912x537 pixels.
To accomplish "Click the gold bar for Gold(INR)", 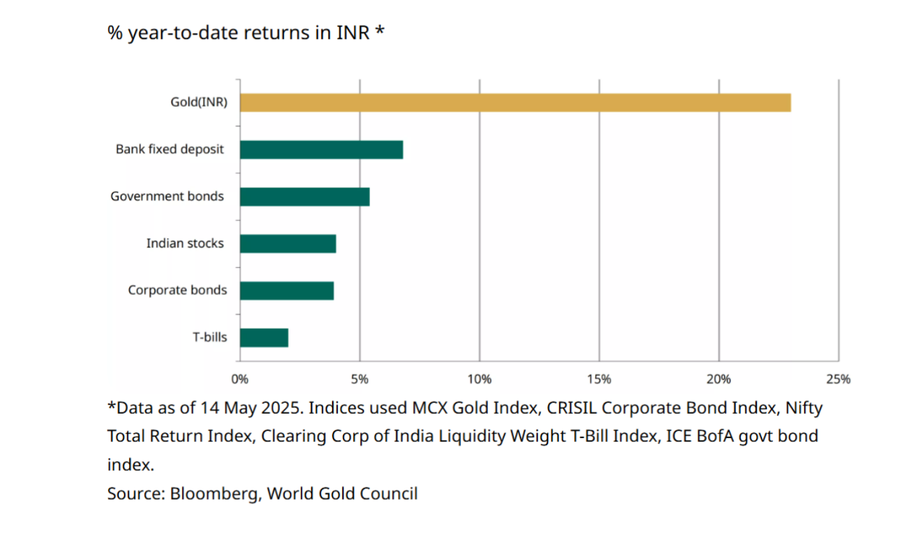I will [515, 103].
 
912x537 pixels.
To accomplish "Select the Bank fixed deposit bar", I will [321, 149].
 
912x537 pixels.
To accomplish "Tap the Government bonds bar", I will [305, 197].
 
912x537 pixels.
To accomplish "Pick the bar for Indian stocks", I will [288, 243].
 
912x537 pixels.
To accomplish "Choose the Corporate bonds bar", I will [287, 291].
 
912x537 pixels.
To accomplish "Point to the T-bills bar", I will [264, 338].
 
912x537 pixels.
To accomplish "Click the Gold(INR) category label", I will [199, 102].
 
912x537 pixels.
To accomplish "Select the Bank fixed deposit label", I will [170, 149].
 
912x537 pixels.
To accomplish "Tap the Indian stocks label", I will [185, 243].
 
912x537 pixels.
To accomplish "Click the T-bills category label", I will [210, 337].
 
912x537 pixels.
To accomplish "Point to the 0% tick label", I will [240, 379].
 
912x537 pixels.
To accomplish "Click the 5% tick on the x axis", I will [360, 379].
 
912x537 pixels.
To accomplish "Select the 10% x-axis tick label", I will [479, 379].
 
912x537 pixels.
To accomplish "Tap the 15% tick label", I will [599, 379].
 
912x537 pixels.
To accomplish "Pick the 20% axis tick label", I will [718, 379].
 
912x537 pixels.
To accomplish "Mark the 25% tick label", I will [838, 379].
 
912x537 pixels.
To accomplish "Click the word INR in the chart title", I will [353, 33].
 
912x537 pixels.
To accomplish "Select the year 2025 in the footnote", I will [278, 408].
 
